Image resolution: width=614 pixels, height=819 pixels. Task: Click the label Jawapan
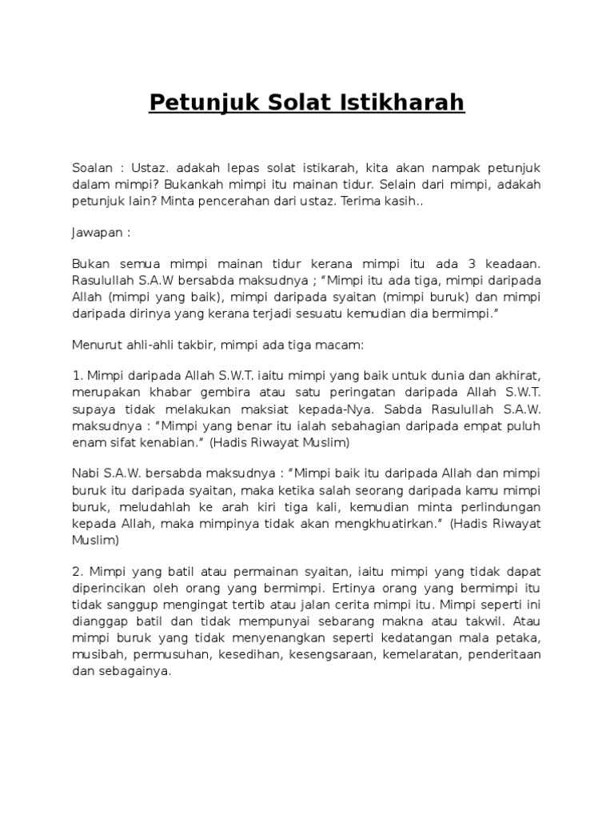(97, 236)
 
